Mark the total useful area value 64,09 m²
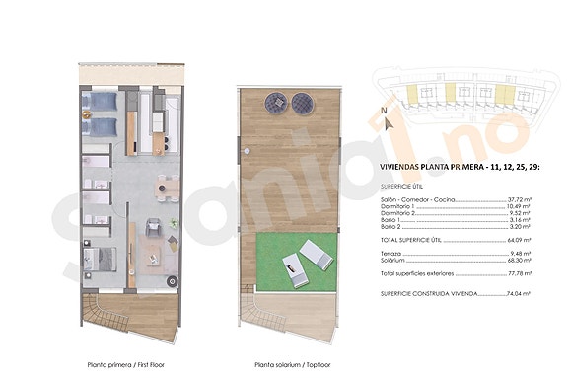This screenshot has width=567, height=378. coord(520,240)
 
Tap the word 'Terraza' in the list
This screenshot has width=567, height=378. coord(391,251)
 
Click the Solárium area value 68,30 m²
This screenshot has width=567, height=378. coord(520,259)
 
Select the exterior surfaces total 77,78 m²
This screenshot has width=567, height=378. coord(520,272)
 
